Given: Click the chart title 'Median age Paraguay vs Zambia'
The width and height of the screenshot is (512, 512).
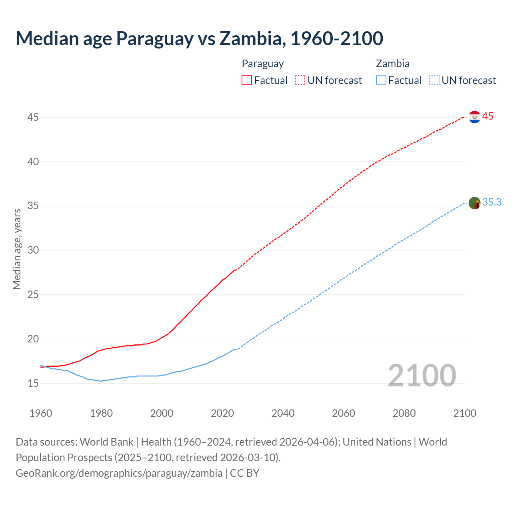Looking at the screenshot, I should (199, 38).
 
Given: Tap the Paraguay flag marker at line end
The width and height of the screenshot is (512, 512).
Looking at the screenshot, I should (474, 117).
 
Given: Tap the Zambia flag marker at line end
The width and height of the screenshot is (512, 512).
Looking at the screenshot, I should (474, 203).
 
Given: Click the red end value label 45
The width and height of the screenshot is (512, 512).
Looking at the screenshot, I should (488, 116).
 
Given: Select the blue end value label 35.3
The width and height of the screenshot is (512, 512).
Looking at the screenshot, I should (492, 202).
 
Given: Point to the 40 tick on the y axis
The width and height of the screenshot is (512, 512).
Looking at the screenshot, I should (33, 162).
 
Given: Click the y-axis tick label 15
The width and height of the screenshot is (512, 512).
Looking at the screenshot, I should (33, 383).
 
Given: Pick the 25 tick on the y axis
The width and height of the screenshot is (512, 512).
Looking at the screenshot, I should (33, 295).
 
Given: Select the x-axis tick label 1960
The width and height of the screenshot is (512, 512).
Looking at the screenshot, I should (41, 413).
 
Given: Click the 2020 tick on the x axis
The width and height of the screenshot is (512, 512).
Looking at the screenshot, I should (222, 413).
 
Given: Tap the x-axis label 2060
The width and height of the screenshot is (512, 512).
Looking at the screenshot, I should (344, 413).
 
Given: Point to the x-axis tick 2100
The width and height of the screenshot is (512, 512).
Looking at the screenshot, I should (465, 413).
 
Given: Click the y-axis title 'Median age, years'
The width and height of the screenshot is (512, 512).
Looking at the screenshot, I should (17, 249).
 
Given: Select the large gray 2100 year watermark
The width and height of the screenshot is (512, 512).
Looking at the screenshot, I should (422, 375).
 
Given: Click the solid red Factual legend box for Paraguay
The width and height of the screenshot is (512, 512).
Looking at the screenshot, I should (247, 80).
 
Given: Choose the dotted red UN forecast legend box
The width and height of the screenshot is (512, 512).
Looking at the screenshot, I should (300, 80).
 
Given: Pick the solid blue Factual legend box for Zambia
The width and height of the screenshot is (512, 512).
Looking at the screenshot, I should (381, 80).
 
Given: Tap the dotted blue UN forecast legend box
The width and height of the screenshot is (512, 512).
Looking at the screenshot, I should (434, 80).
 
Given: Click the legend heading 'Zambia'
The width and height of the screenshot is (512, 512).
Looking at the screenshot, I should (392, 64).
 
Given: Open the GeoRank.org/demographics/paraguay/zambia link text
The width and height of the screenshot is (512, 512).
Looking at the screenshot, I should (119, 473).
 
